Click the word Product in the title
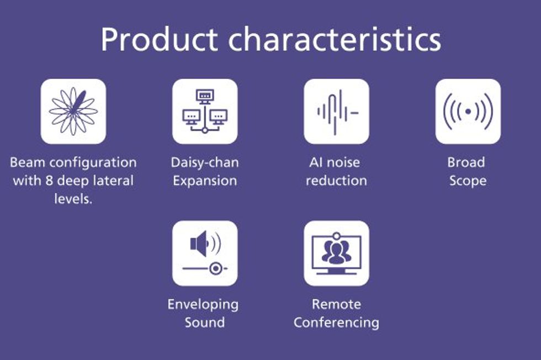[x=160, y=39]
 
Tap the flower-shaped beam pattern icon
[x=73, y=111]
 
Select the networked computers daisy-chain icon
[x=205, y=111]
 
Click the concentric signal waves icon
[x=468, y=112]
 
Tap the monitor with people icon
[x=336, y=253]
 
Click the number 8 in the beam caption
[x=49, y=181]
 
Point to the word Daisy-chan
[x=205, y=162]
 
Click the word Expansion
[x=205, y=181]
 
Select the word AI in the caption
[x=316, y=162]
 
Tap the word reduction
[x=336, y=181]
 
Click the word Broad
[x=466, y=162]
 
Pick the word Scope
[x=468, y=181]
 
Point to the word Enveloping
[x=203, y=304]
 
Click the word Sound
[x=205, y=322]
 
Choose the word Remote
[x=336, y=304]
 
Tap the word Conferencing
[x=336, y=322]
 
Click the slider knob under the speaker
[x=216, y=268]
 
